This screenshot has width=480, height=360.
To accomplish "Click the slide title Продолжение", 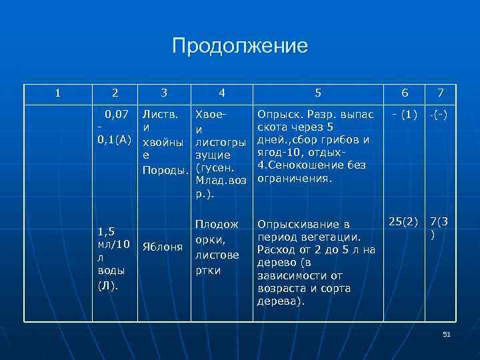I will tap(240, 46).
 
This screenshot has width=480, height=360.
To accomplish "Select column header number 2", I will tap(115, 94).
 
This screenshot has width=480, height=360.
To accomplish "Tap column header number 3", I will tap(165, 94).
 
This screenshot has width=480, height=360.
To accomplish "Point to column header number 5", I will tap(317, 94).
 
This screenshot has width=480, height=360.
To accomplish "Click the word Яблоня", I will tap(163, 246).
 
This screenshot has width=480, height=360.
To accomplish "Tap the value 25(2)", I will tap(403, 220).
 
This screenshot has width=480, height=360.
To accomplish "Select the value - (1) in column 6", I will tap(405, 115).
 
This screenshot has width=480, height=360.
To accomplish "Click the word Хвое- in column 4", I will tap(209, 115).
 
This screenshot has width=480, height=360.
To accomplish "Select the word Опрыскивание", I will tap(297, 225).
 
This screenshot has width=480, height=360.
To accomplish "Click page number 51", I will tap(447, 334).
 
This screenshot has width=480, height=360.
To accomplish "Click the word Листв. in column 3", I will tap(160, 115).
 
